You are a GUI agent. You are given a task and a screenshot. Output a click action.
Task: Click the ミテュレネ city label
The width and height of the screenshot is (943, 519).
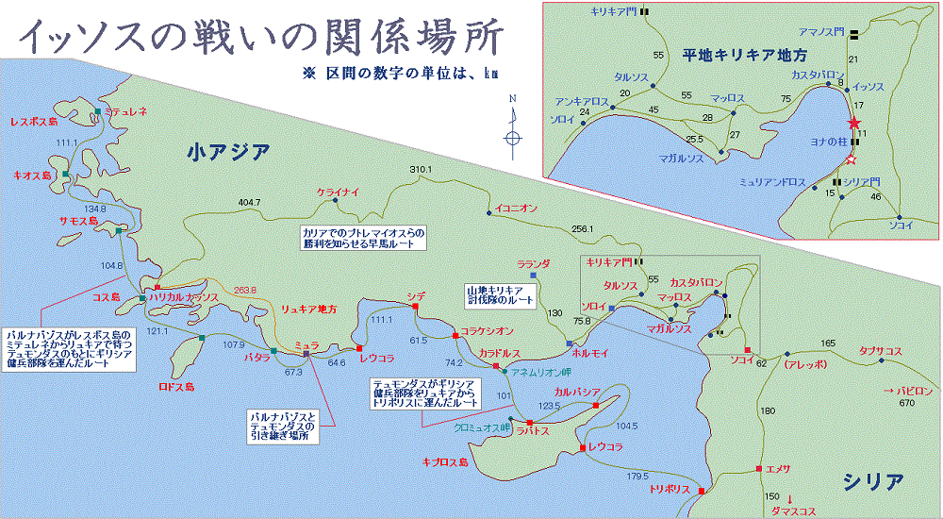tap(126, 111)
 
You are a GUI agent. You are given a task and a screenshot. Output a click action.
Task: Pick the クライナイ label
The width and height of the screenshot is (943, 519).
tap(339, 193)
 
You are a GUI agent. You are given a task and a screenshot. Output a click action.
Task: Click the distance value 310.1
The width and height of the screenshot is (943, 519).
tap(420, 170)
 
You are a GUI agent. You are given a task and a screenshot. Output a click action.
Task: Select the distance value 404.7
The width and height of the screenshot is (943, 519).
tap(249, 202)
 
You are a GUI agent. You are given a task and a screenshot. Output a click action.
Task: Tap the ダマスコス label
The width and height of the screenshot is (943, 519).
tap(792, 511)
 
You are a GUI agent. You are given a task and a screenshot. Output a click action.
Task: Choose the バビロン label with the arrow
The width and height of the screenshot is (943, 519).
tap(908, 391)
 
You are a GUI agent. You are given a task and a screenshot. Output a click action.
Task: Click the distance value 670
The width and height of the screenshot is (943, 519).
tap(907, 405)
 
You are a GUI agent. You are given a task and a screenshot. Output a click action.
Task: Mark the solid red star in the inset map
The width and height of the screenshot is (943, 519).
tap(854, 123)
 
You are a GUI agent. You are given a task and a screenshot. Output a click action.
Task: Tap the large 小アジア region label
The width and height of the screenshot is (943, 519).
tap(228, 151)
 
